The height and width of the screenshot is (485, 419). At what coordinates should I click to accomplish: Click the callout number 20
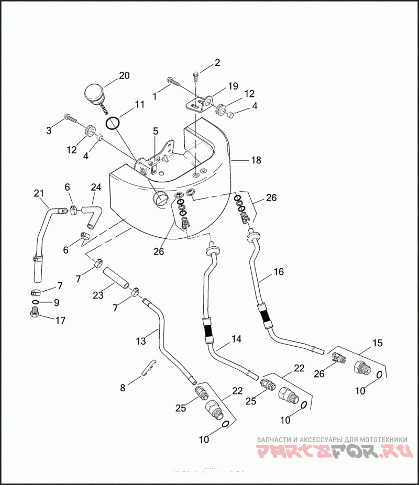(124, 75)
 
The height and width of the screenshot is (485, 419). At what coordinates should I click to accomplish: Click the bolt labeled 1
(173, 84)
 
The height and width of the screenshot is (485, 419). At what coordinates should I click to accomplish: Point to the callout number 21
(39, 194)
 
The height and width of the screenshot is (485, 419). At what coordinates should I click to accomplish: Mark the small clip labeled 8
(149, 367)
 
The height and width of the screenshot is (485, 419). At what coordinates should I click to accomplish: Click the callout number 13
(140, 341)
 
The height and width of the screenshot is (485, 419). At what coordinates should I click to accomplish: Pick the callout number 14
(237, 339)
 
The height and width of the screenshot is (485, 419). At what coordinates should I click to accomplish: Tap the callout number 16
(278, 272)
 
